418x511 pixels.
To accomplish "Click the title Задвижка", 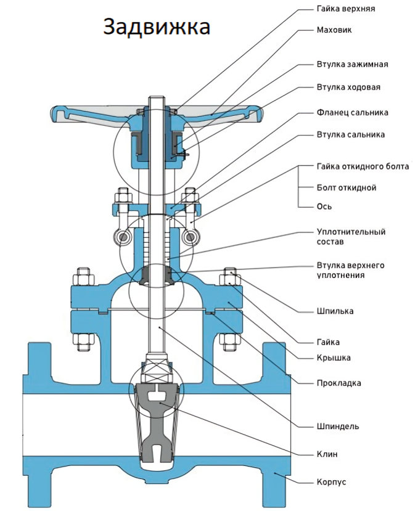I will point(156,27).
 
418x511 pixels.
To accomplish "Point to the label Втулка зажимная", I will point(352,64).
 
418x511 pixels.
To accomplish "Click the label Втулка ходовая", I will point(348,87).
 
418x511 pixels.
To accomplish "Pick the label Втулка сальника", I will point(350,134).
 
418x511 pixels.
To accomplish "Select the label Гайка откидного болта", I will point(363,167).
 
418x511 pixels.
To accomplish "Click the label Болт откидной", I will point(346,187).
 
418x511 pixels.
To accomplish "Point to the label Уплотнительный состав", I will point(351,237).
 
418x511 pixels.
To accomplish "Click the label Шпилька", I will point(335,311).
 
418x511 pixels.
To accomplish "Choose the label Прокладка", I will point(338,383).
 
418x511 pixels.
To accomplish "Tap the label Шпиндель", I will point(337,426).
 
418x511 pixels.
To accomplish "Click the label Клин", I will point(327,454).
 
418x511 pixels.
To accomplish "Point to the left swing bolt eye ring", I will point(123,237).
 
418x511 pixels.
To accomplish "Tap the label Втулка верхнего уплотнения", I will point(350,270).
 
